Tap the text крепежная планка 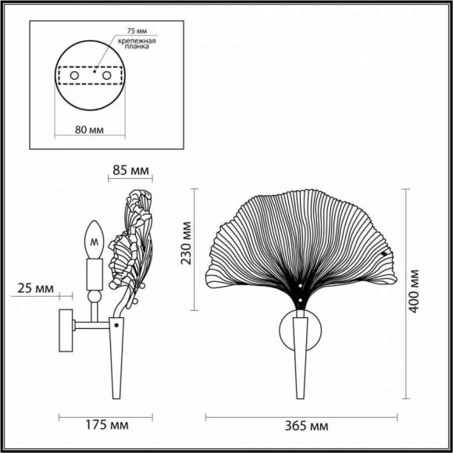point(137,44)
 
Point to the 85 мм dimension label point(130,169)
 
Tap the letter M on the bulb point(95,242)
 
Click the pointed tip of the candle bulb point(95,221)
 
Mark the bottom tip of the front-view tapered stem point(301,396)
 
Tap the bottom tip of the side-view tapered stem point(117,397)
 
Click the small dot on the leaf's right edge point(383,255)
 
